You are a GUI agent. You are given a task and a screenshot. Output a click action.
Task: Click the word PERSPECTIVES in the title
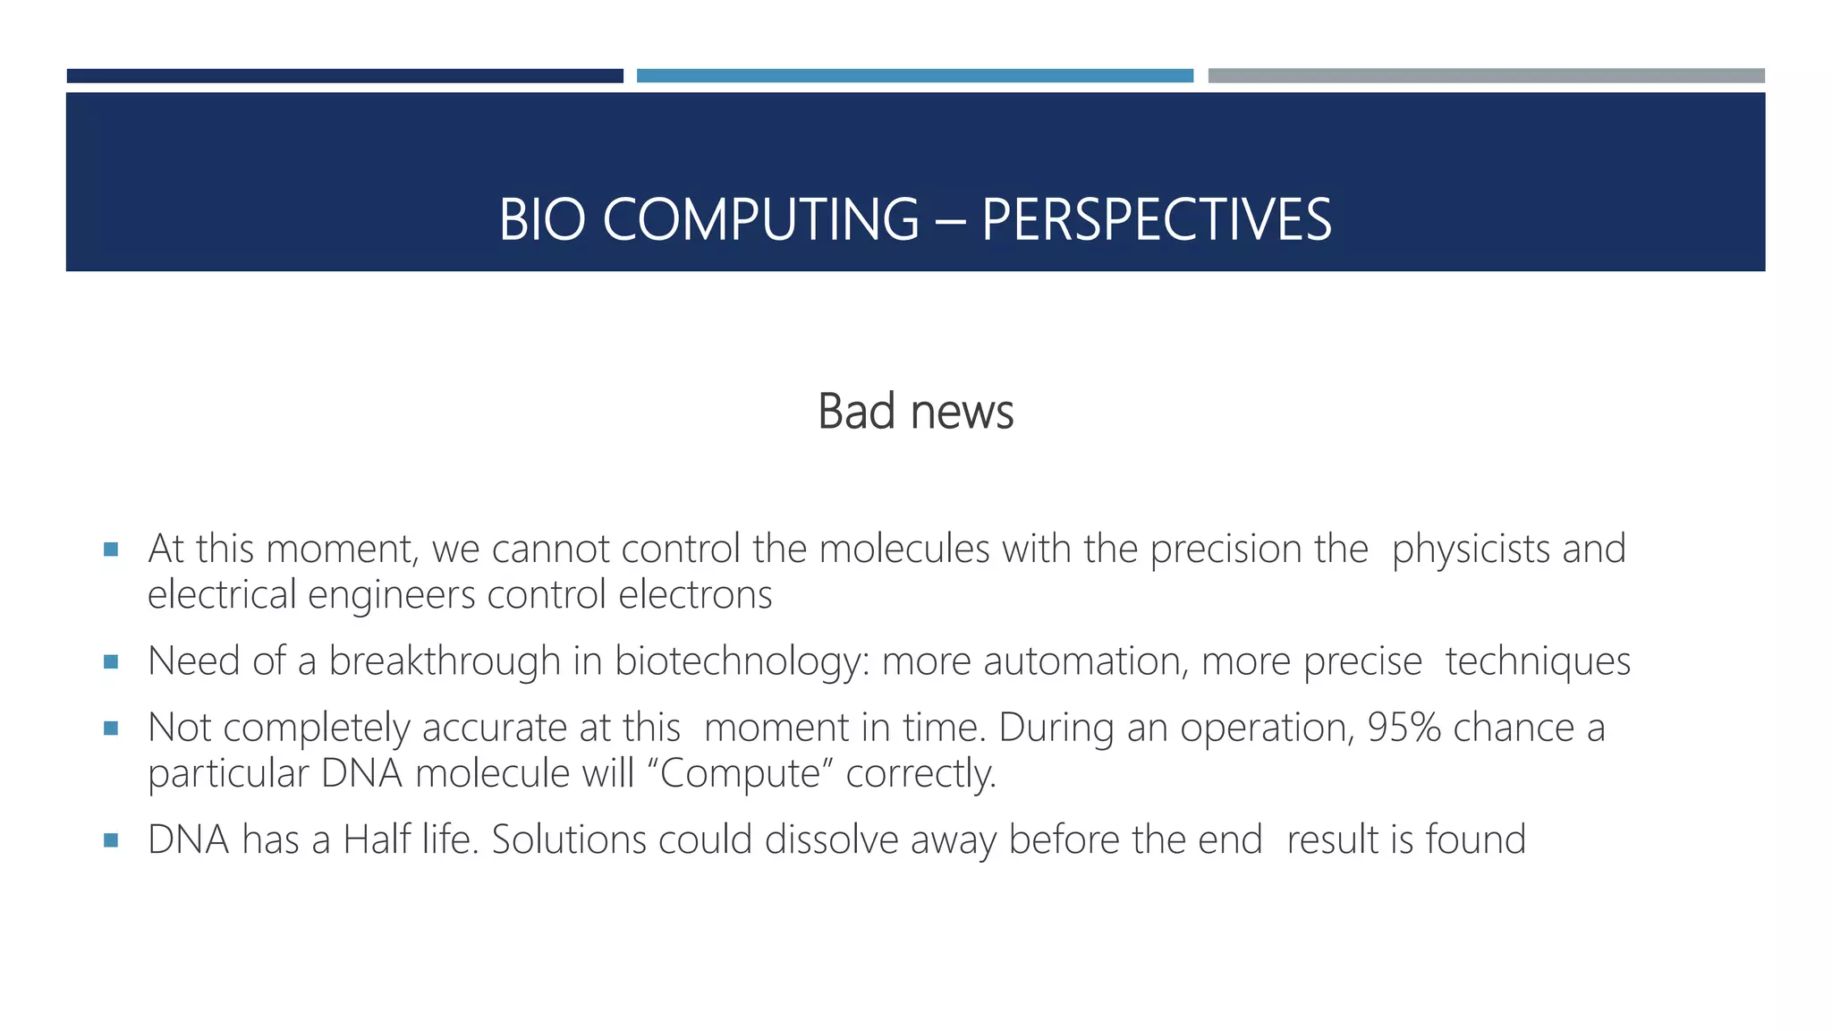[x=1156, y=220]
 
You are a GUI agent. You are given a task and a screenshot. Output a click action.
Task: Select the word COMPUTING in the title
[x=760, y=220]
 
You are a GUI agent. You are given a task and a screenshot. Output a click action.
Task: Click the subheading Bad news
[x=915, y=412]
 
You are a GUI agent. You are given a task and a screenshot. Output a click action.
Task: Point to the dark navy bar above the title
[x=344, y=76]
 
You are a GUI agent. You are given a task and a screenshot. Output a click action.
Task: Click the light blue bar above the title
[x=914, y=76]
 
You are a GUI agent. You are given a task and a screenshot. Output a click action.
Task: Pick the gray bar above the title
[x=1486, y=76]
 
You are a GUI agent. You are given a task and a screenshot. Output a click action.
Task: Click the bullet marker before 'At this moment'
[x=111, y=550]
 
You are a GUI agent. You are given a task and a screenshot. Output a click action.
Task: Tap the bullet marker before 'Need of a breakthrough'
[x=111, y=662]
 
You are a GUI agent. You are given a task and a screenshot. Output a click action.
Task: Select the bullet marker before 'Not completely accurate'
[x=111, y=729]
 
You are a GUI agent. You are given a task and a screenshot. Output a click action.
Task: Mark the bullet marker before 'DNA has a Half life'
[x=111, y=840]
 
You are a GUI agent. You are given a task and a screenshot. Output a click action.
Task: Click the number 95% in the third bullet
[x=1404, y=728]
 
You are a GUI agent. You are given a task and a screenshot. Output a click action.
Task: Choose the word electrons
[x=695, y=595]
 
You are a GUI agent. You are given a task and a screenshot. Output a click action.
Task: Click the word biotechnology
[x=742, y=662]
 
